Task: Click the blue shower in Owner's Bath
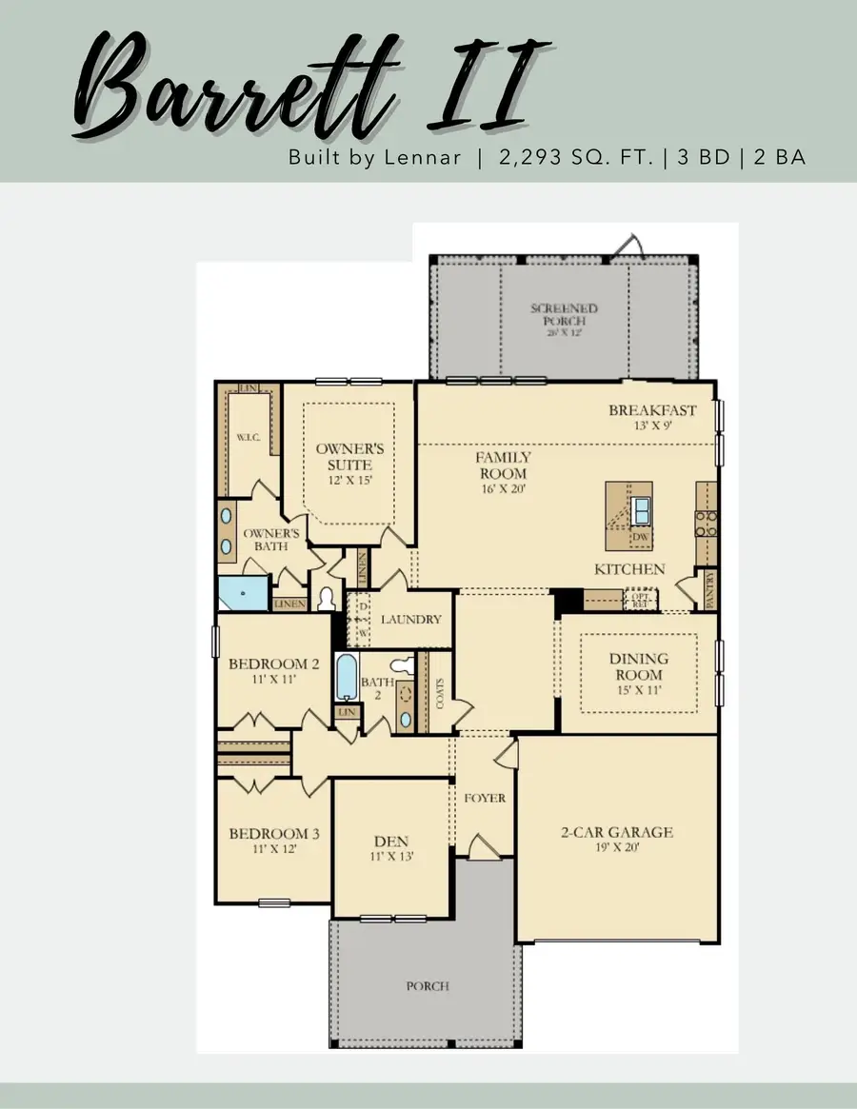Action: click(244, 593)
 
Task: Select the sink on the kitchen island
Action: click(642, 509)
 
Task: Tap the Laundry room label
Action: click(411, 620)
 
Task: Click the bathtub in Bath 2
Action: click(347, 678)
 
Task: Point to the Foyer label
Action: click(484, 798)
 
